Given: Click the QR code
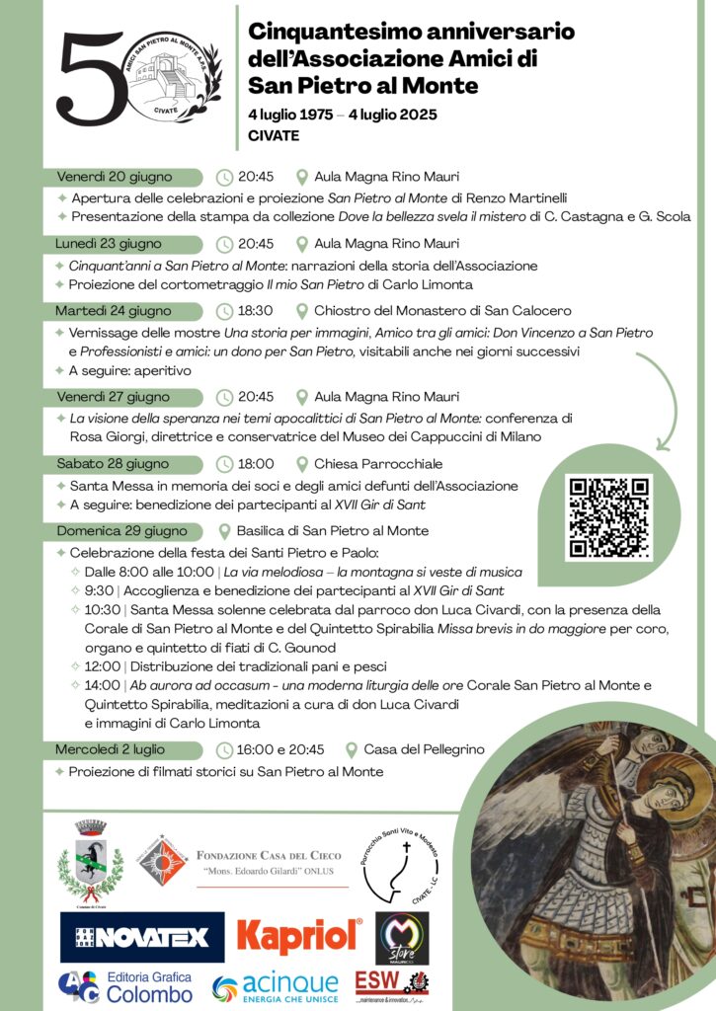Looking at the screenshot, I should tap(607, 517).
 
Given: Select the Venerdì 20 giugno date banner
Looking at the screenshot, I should tap(114, 178).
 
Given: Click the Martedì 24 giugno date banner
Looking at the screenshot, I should tap(114, 311).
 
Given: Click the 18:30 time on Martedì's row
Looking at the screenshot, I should tap(256, 311).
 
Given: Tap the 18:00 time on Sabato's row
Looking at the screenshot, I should tap(256, 464).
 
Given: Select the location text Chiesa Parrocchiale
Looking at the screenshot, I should tap(378, 464).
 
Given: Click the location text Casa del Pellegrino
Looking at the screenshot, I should tap(424, 749).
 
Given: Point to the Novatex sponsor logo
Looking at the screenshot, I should tap(142, 937).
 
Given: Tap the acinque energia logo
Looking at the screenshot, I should tap(276, 984).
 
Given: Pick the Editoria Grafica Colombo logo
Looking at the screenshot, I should tap(124, 986).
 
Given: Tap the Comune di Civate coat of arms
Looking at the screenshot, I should tap(90, 863).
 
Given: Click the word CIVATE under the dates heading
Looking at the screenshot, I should tap(275, 135).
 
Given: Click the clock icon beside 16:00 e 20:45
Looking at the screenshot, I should tap(225, 749).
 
